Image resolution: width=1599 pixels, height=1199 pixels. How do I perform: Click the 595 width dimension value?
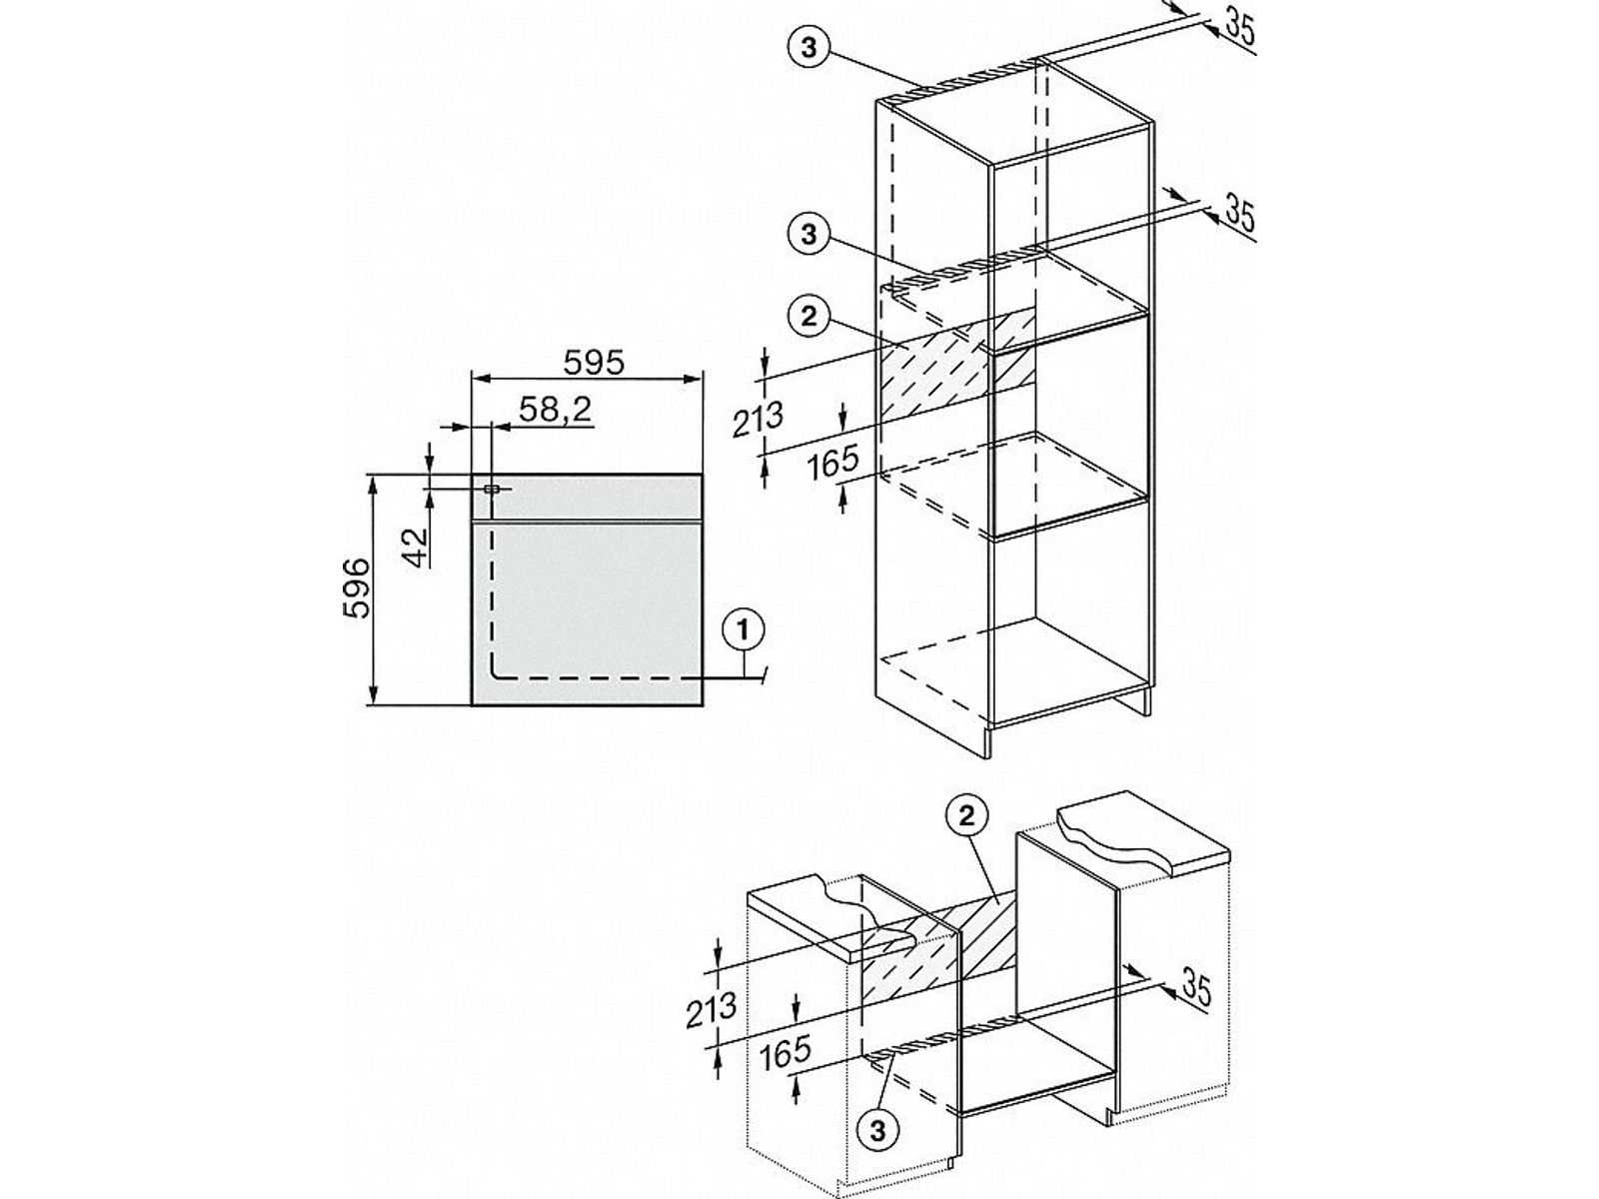point(595,362)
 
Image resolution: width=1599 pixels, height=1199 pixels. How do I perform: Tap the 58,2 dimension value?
point(555,411)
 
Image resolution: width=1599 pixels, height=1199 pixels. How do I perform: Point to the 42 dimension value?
point(413,546)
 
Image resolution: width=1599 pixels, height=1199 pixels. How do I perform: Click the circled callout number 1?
point(743,630)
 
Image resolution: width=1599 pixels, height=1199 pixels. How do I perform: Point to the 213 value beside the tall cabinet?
point(758,420)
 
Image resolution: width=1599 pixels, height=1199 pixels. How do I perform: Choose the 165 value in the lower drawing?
point(784,1053)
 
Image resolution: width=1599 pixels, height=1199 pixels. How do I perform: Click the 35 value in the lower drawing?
point(1195,988)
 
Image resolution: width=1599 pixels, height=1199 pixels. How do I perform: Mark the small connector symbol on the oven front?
point(492,489)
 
